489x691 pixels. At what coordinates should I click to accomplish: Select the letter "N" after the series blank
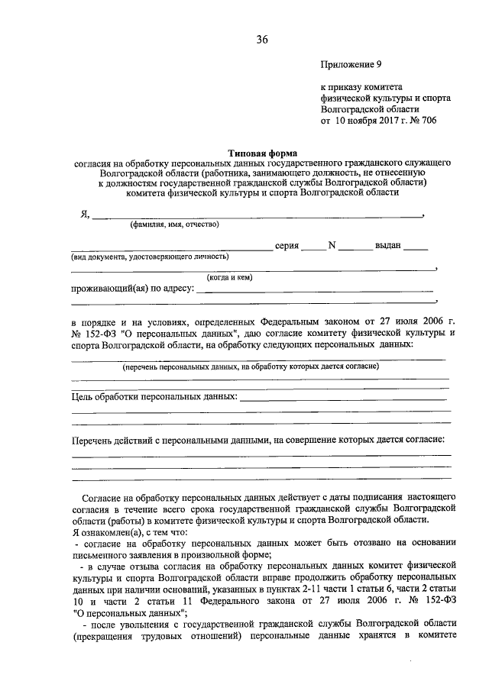(x=332, y=246)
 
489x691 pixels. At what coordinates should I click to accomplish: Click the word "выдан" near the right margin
(x=388, y=247)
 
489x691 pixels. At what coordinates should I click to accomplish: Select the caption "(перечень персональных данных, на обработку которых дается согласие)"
(x=251, y=367)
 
